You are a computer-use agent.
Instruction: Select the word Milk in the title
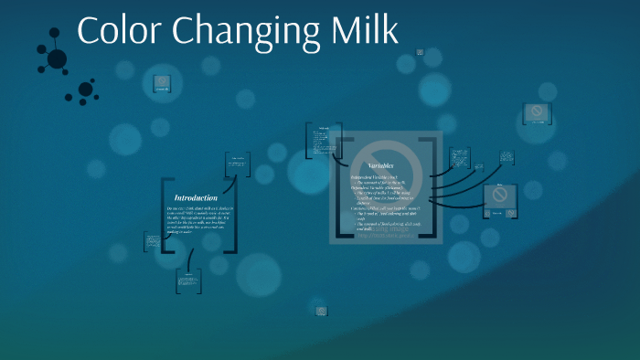[x=366, y=30]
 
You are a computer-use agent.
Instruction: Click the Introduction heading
[x=196, y=197]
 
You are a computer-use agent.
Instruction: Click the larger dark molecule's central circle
[x=57, y=59]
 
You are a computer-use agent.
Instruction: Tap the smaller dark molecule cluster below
[x=85, y=90]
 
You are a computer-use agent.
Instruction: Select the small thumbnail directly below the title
[x=163, y=84]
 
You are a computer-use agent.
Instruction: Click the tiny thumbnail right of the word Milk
[x=420, y=52]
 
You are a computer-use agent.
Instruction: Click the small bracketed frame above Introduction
[x=238, y=164]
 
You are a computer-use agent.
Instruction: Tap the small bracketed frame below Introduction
[x=188, y=281]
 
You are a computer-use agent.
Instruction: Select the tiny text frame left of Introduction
[x=152, y=242]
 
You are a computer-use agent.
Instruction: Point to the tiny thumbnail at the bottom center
[x=321, y=311]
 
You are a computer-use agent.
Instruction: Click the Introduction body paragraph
[x=197, y=221]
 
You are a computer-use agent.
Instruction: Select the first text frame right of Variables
[x=461, y=158]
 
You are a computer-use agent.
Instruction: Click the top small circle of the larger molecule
[x=55, y=33]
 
